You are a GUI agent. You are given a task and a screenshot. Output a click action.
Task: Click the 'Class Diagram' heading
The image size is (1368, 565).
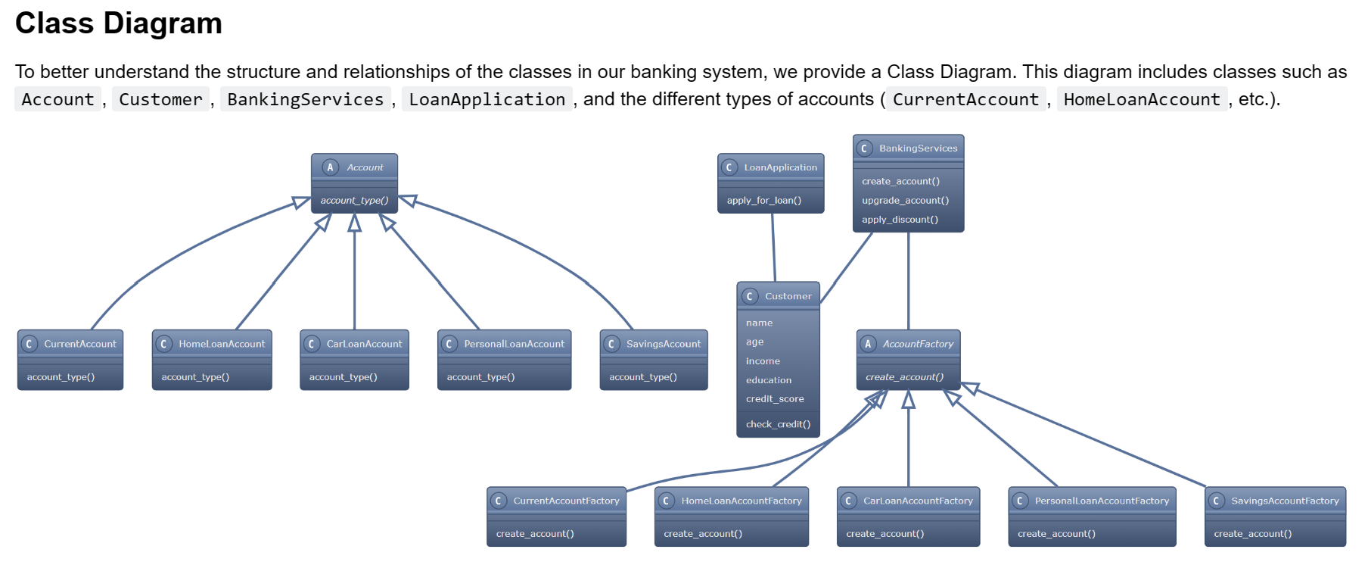[x=119, y=23]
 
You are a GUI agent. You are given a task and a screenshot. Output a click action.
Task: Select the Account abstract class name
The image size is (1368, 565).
[x=365, y=167]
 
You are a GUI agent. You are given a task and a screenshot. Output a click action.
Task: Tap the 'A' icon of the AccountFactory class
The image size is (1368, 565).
[x=868, y=344]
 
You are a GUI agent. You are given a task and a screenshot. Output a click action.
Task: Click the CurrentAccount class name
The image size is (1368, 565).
[x=79, y=344]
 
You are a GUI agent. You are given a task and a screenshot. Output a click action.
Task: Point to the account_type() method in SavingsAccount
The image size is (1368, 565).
[x=642, y=377]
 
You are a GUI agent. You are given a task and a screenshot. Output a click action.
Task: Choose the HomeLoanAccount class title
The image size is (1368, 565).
[x=222, y=344]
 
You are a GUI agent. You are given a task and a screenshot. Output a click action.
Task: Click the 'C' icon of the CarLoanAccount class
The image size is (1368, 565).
[x=311, y=344]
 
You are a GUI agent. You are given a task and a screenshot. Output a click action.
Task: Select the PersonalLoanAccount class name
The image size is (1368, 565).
[x=514, y=344]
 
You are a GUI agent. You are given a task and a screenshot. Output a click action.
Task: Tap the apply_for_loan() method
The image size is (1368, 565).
[x=763, y=201]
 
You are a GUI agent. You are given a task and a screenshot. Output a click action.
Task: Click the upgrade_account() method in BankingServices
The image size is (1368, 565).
[x=905, y=201]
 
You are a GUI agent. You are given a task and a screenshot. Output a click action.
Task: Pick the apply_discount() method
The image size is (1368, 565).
[x=900, y=220]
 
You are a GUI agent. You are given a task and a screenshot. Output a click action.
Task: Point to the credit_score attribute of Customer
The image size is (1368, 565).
[x=775, y=399]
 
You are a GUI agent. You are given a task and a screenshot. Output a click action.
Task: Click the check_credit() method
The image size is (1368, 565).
[x=778, y=424]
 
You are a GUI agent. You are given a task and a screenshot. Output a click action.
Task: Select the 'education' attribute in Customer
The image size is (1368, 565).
[x=769, y=380]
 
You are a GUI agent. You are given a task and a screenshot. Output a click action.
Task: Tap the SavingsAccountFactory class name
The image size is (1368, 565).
[x=1285, y=501]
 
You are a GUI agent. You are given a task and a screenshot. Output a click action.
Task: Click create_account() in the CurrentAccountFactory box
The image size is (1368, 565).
[x=535, y=534]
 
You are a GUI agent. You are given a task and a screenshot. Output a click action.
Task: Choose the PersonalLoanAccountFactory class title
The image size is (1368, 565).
[x=1102, y=501]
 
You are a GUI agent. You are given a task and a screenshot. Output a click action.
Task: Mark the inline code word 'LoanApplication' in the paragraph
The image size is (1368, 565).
[x=487, y=99]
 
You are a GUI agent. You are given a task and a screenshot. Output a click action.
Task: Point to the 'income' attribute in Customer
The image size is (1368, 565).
[x=763, y=361]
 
